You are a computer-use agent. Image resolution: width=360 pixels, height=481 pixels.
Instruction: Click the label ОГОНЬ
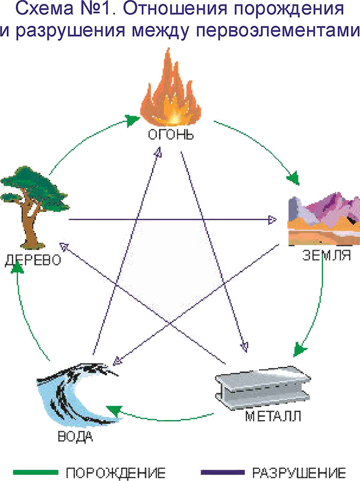(170, 134)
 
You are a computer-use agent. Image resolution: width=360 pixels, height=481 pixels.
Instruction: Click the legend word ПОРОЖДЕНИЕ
(116, 472)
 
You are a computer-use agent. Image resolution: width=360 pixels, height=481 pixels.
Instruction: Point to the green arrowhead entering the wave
(112, 410)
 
